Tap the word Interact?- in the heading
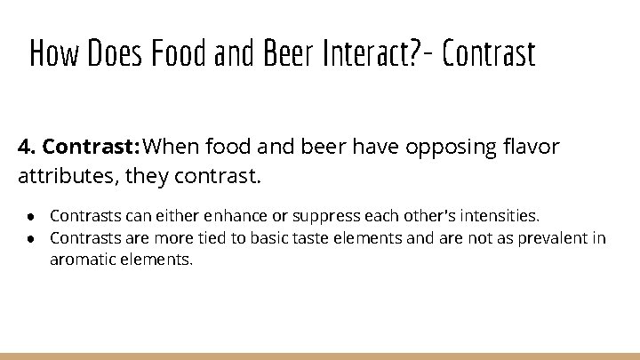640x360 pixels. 364,54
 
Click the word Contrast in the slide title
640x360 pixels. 488,54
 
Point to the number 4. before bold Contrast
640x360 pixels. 27,147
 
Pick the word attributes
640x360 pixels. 68,176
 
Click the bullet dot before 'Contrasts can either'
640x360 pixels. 30,216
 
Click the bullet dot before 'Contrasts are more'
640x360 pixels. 30,238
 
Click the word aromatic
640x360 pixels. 84,260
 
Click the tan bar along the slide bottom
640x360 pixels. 320,356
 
